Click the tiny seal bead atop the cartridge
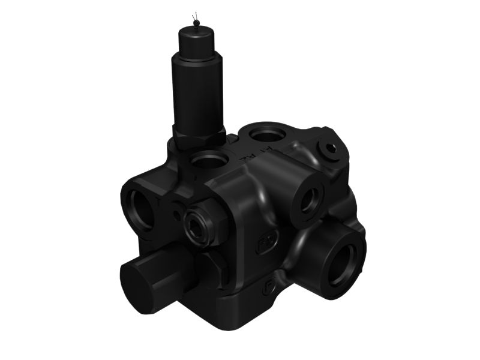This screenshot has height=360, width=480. click(x=195, y=23)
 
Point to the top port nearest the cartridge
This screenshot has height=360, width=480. click(x=210, y=161)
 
